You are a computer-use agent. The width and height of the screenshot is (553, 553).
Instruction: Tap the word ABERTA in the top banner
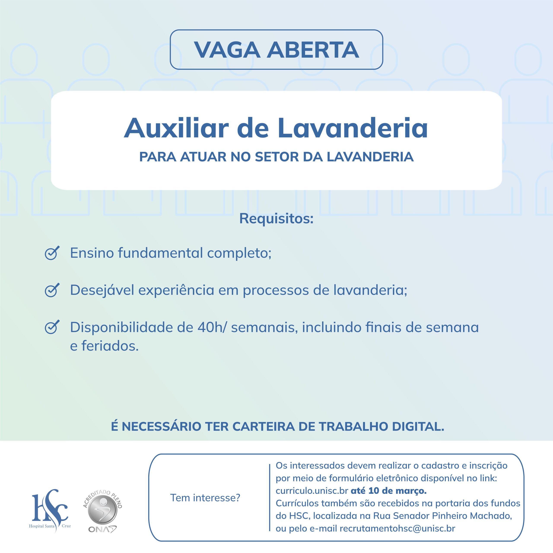(313, 50)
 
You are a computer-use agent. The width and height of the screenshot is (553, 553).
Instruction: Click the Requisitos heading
(276, 219)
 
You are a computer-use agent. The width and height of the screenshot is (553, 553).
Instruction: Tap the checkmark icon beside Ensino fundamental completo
(52, 253)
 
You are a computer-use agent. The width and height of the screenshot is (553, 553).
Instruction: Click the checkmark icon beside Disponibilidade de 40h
(52, 327)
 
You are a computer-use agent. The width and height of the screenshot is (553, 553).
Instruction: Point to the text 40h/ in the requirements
(212, 327)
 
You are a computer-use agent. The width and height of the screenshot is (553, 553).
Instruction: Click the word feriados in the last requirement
(110, 346)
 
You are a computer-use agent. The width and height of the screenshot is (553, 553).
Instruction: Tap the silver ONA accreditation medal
(102, 511)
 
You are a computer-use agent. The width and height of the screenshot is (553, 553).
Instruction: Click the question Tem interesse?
(205, 498)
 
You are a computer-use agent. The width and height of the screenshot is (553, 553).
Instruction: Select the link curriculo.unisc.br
(312, 491)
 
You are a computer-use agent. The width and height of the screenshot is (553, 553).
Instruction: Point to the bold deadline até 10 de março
(388, 491)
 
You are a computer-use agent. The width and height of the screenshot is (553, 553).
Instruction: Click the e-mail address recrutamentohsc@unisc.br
(397, 528)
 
